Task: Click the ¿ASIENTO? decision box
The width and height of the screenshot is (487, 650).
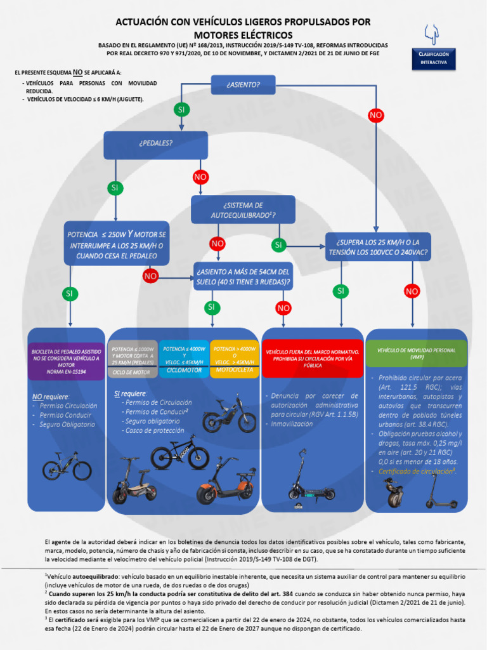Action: (243, 84)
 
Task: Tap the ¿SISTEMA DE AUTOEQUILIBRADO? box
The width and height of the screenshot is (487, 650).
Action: (243, 210)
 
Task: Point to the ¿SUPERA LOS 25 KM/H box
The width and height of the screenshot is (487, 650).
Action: (378, 247)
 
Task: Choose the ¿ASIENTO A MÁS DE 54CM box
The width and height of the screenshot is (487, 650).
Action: (243, 276)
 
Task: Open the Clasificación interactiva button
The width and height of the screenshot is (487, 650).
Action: (434, 58)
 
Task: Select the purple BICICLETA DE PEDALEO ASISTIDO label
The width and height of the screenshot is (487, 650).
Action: (67, 361)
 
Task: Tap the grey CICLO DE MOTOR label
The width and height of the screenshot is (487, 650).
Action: (133, 361)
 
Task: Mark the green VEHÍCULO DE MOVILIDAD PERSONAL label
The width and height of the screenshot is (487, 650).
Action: (417, 354)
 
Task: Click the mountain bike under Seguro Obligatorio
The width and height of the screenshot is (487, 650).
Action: (67, 467)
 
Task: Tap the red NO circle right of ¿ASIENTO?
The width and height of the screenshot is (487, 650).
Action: (376, 115)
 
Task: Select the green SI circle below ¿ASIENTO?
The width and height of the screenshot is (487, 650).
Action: (181, 110)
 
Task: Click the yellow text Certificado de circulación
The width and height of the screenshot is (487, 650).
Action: (417, 471)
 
